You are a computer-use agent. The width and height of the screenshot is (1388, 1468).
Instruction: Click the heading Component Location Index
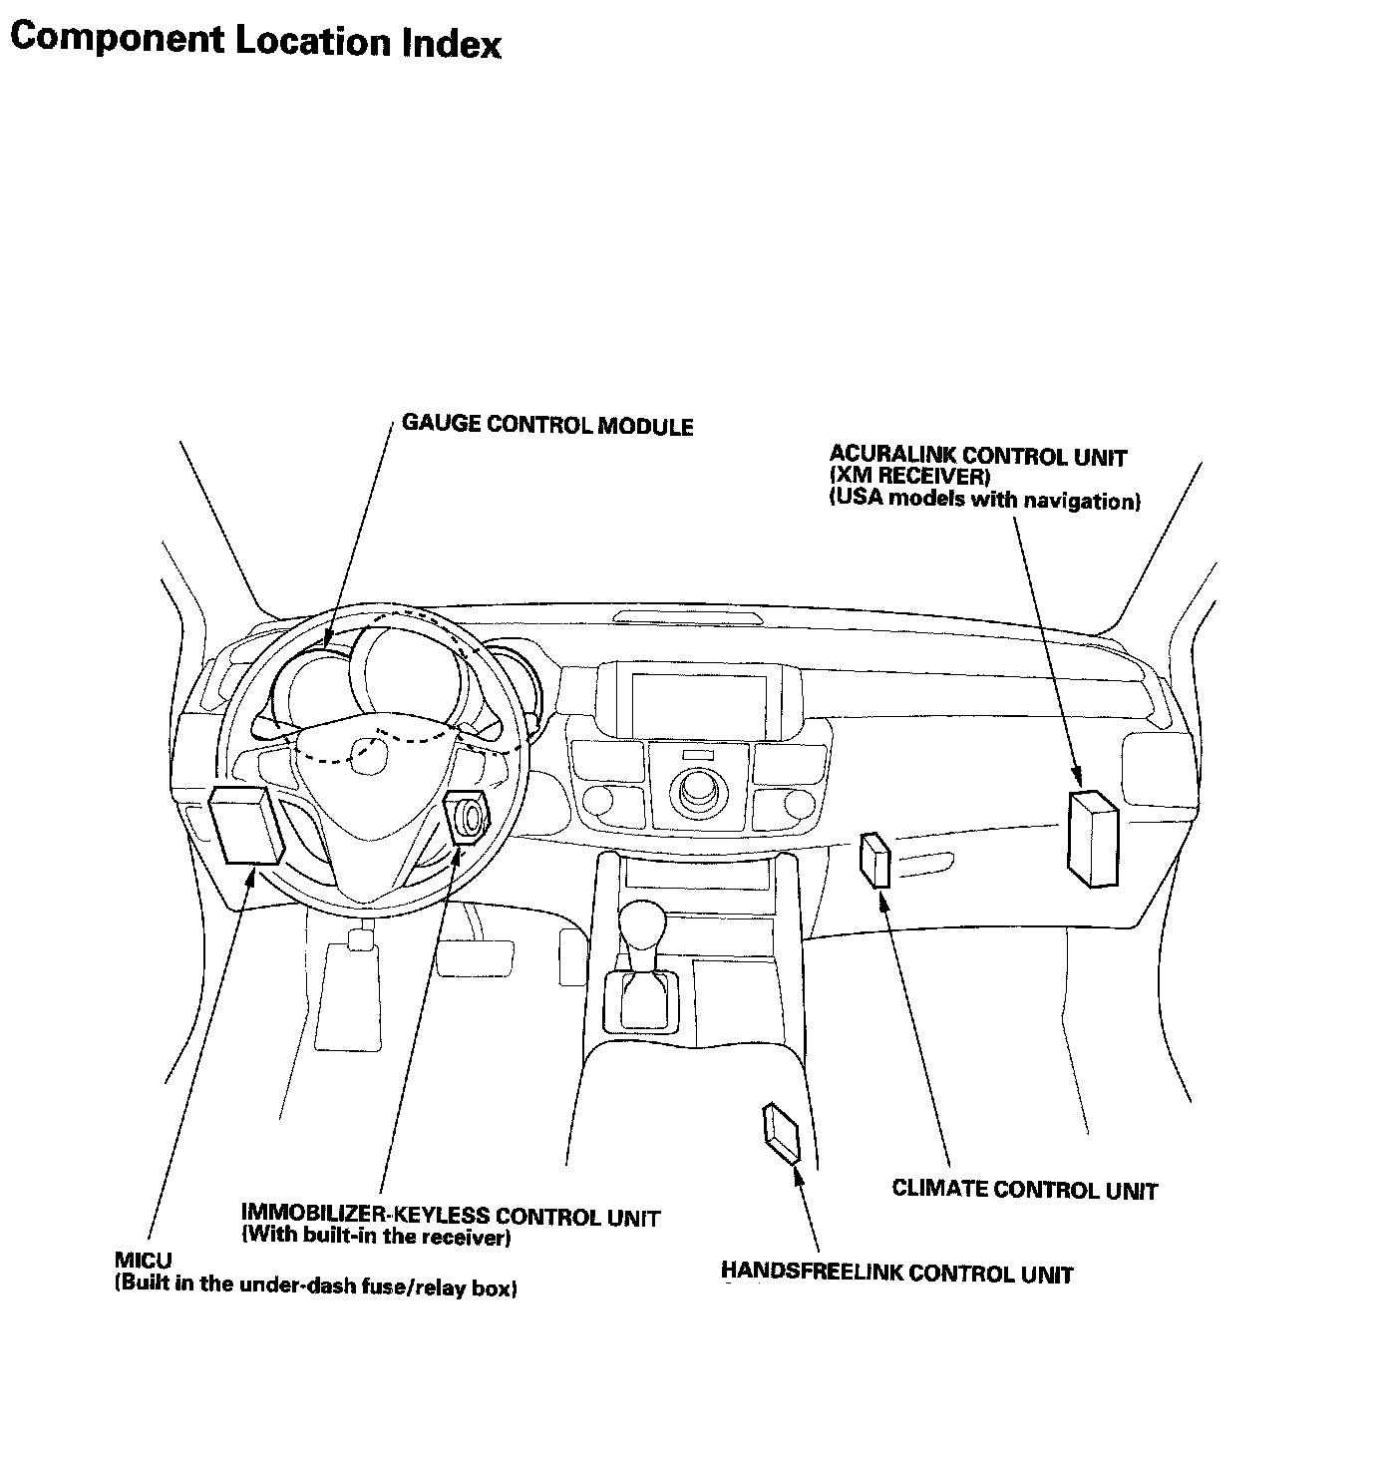(255, 41)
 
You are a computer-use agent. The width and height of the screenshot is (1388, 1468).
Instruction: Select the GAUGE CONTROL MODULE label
(547, 425)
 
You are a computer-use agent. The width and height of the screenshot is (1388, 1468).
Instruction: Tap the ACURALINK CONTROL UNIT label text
(977, 457)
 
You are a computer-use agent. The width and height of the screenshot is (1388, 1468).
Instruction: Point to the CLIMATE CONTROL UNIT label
(1024, 1189)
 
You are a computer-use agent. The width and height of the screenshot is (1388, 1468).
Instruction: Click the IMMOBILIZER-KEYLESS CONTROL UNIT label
(450, 1216)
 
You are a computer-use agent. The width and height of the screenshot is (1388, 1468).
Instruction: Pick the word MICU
(143, 1263)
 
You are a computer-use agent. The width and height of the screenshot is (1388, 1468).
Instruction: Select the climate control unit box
(874, 860)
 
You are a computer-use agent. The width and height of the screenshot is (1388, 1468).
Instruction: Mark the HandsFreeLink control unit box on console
(782, 1133)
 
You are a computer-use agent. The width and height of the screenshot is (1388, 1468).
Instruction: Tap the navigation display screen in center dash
(698, 702)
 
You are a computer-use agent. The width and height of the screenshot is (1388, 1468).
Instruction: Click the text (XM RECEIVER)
(909, 478)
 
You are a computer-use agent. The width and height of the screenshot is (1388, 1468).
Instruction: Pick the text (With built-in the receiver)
(377, 1238)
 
